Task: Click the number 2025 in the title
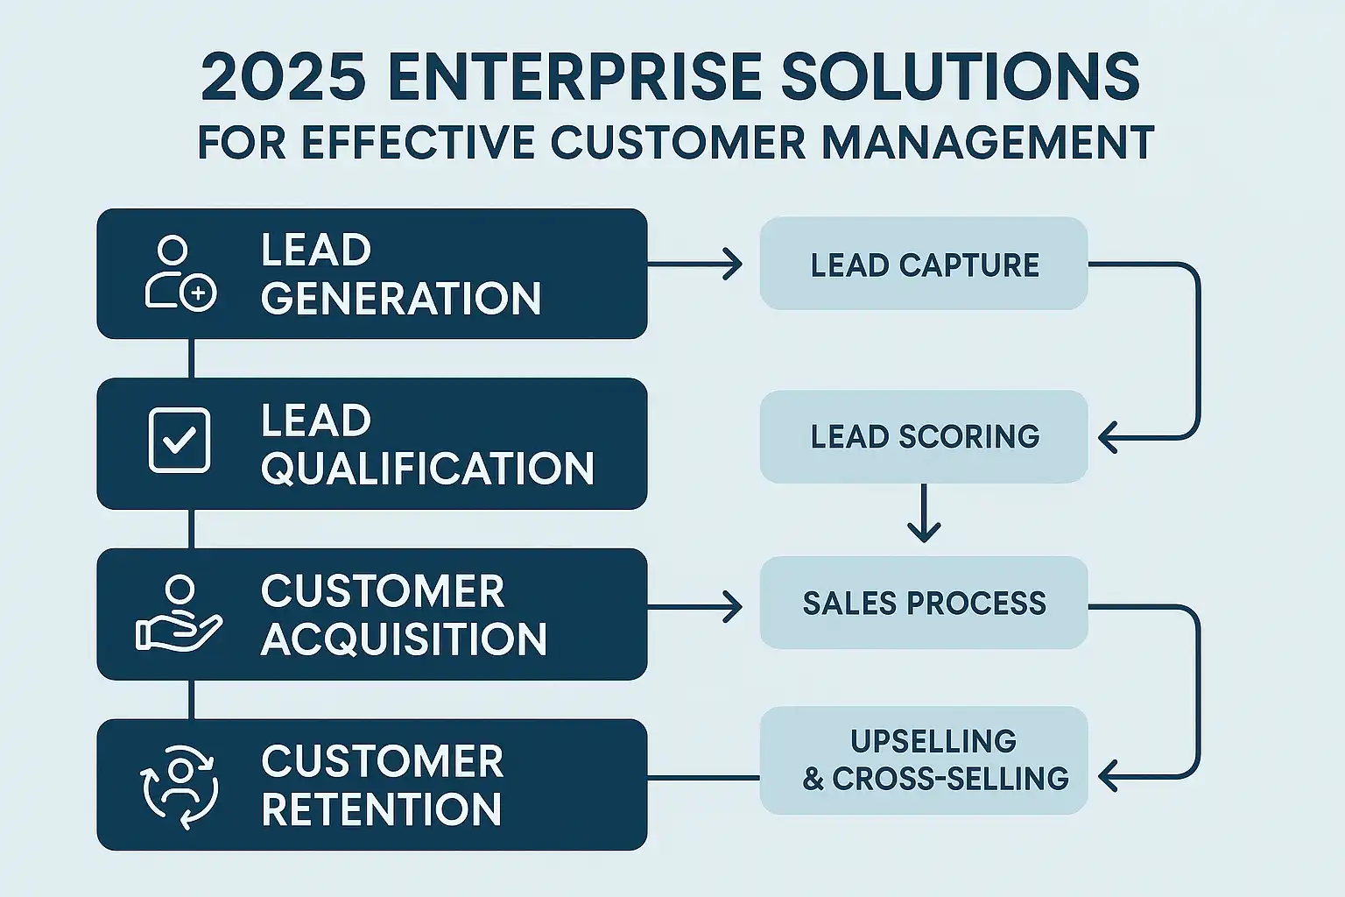284,77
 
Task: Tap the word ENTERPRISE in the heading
575,77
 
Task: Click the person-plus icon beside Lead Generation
180,273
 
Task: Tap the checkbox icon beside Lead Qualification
179,441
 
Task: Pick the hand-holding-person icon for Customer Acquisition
179,613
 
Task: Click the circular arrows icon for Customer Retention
179,786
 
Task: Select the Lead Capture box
924,264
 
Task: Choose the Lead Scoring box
924,437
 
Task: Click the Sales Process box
924,603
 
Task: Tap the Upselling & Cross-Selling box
924,760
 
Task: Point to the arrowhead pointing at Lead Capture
733,264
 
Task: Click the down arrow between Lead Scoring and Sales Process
924,513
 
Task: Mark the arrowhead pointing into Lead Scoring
1108,437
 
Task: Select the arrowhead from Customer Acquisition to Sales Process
733,607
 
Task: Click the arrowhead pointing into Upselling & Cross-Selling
1108,776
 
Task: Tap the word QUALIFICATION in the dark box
427,469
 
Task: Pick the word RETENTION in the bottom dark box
381,809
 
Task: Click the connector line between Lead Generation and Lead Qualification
192,358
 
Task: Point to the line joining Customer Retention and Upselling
704,778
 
